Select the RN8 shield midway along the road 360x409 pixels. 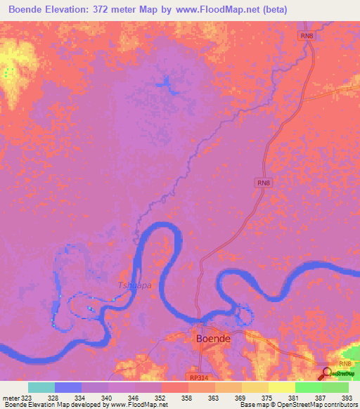click(x=262, y=183)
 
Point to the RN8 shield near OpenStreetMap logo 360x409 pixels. click(x=344, y=363)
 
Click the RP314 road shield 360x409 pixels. click(x=198, y=377)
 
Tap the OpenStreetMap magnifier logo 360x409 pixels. click(x=325, y=372)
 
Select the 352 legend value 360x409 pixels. click(x=162, y=397)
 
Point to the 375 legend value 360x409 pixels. click(x=268, y=397)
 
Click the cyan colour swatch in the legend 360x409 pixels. click(x=41, y=387)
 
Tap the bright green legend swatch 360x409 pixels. click(x=308, y=387)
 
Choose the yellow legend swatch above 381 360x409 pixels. click(x=281, y=387)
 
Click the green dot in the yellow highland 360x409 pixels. click(x=6, y=72)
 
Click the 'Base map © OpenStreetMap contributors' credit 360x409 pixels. click(x=296, y=405)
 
